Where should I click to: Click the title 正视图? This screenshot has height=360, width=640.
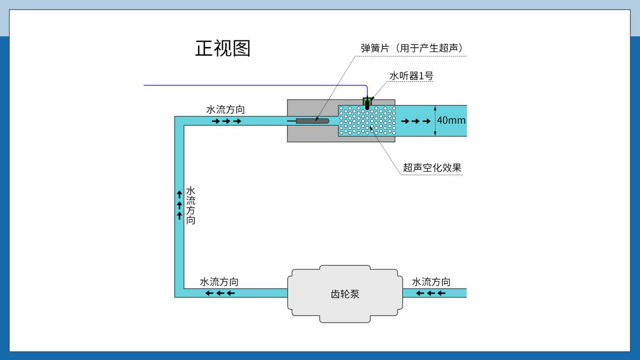tap(223, 48)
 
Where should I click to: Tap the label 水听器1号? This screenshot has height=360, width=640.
tap(411, 76)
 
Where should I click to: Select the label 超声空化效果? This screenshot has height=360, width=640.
tap(432, 168)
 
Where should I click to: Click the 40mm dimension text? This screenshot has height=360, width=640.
tap(451, 120)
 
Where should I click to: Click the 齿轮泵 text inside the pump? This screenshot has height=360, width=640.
tap(345, 294)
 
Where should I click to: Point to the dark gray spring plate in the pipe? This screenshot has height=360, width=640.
tap(312, 121)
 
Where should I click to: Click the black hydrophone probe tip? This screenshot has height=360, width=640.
tap(367, 105)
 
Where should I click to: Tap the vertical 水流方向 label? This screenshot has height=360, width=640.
tap(190, 205)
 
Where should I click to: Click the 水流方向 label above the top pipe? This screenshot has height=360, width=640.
tap(225, 110)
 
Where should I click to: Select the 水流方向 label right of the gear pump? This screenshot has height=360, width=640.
tap(431, 282)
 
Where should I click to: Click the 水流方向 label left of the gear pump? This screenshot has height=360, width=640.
tap(219, 282)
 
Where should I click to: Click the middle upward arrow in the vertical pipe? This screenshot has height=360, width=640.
tap(179, 205)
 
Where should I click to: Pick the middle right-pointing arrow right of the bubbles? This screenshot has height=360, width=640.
tap(415, 121)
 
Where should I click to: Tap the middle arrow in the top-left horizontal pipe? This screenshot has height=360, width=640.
tap(226, 121)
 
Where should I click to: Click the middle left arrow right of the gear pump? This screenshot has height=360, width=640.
tap(431, 293)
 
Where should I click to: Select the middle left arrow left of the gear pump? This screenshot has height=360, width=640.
tap(220, 293)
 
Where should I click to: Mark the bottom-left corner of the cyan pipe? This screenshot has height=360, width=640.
tap(175, 297)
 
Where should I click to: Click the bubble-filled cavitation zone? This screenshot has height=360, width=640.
tap(367, 121)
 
